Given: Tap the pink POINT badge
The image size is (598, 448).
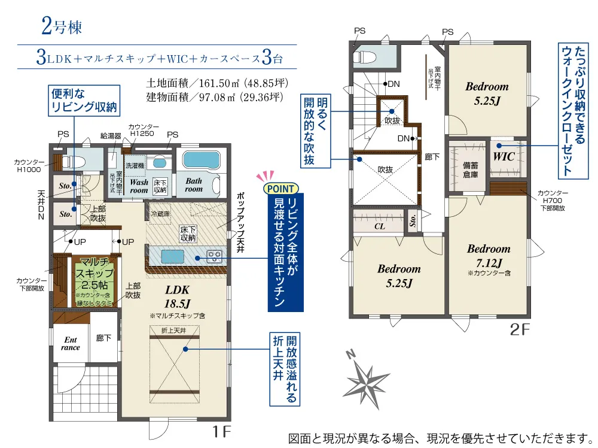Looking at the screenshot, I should [x=279, y=187].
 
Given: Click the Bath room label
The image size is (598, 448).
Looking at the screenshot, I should [x=193, y=184].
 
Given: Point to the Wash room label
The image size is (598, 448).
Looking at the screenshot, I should [x=139, y=186].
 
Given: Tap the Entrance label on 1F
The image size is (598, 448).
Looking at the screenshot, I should [x=71, y=343].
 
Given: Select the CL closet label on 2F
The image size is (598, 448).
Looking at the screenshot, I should [x=380, y=227].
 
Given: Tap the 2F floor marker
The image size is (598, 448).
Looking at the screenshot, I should [x=519, y=329].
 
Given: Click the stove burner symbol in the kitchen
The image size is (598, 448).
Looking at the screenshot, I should [x=214, y=257].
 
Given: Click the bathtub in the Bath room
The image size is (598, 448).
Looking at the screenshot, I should [x=201, y=161].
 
